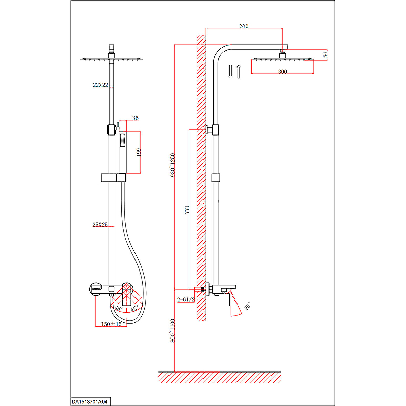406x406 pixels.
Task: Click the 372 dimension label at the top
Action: point(244,26)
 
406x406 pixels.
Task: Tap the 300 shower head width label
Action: point(283,72)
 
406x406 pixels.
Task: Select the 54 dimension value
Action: point(325,55)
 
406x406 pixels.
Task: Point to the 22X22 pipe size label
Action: point(100,85)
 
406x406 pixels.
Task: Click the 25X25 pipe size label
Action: point(100,224)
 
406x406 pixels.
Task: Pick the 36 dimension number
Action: point(136,118)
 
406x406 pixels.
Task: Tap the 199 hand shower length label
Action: point(139,152)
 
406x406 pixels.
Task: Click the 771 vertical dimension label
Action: point(187,210)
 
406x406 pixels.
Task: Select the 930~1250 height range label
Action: point(173,165)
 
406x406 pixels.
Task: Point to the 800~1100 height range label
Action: point(173,331)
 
